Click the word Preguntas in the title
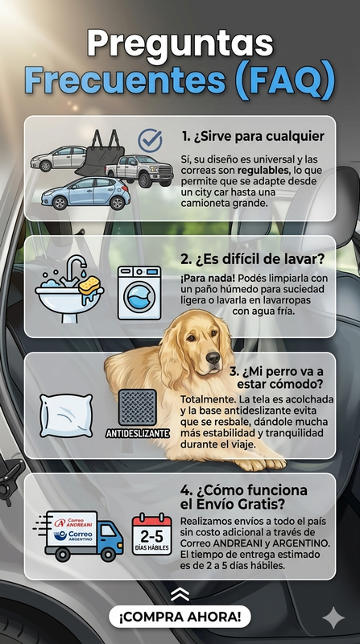(x=180, y=45)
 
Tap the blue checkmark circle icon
(x=150, y=140)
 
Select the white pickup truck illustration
(x=139, y=171)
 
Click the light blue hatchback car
(x=85, y=193)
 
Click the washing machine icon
(x=139, y=292)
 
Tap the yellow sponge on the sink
(x=89, y=285)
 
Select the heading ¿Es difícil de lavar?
(x=252, y=259)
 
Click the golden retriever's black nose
(x=213, y=357)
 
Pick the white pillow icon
(x=66, y=415)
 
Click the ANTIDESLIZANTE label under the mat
(x=138, y=433)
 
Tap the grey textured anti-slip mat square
(x=137, y=407)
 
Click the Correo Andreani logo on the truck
(x=73, y=522)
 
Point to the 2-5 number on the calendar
(x=151, y=537)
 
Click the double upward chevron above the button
(x=180, y=594)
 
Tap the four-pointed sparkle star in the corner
(x=333, y=617)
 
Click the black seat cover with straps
(x=100, y=154)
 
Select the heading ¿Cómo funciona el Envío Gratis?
(x=244, y=497)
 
